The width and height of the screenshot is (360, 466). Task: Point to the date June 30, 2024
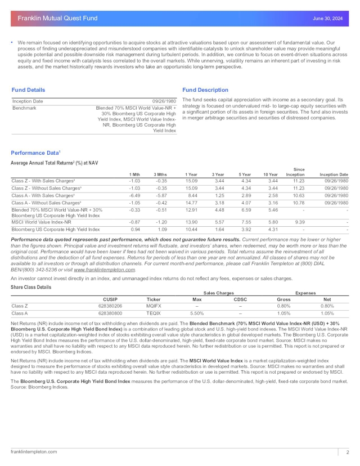pyautogui.click(x=327, y=19)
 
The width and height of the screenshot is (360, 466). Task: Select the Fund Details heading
pyautogui.click(x=28, y=89)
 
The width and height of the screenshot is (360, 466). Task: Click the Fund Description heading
pyautogui.click(x=205, y=89)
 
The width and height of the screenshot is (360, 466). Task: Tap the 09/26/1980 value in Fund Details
pyautogui.click(x=164, y=100)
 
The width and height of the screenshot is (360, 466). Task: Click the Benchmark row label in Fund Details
pyautogui.click(x=24, y=107)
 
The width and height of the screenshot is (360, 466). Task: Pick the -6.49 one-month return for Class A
pyautogui.click(x=134, y=195)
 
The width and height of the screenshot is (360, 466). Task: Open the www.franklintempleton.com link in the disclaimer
pyautogui.click(x=109, y=270)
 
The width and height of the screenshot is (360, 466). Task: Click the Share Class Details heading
pyautogui.click(x=31, y=287)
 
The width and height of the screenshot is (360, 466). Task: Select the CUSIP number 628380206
pyautogui.click(x=110, y=306)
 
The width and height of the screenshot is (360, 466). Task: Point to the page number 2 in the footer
pyautogui.click(x=348, y=452)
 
